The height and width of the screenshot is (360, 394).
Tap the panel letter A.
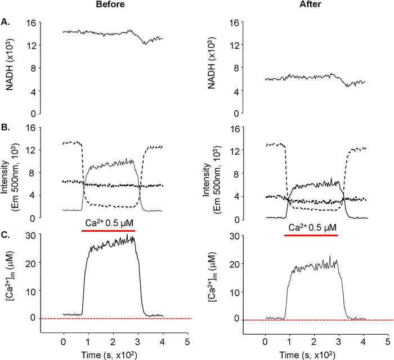[x=5, y=23]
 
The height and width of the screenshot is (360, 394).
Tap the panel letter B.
[x=5, y=127]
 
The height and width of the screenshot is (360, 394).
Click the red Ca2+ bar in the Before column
[x=108, y=231]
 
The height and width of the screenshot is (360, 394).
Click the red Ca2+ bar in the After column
[x=311, y=235]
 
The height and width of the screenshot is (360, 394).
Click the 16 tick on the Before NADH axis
[x=32, y=23]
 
